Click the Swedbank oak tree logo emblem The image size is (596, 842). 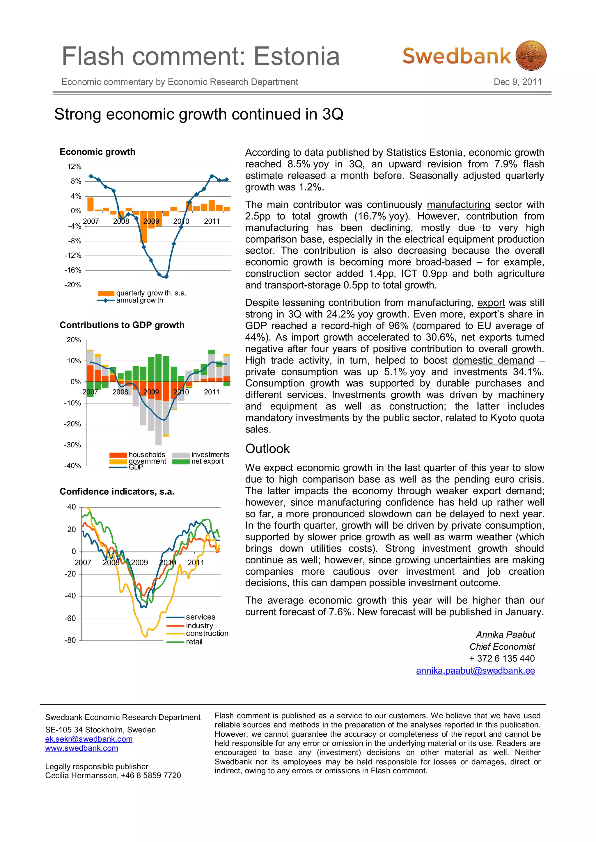pyautogui.click(x=531, y=56)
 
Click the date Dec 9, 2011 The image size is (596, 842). pyautogui.click(x=517, y=82)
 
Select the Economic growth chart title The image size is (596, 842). pyautogui.click(x=97, y=152)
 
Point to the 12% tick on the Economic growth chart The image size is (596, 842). pyautogui.click(x=74, y=167)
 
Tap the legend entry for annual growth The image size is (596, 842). pyautogui.click(x=139, y=300)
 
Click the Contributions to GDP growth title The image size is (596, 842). pyautogui.click(x=122, y=325)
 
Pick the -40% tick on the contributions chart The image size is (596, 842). pyautogui.click(x=73, y=466)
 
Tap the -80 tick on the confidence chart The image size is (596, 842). pyautogui.click(x=70, y=640)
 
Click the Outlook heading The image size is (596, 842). pyautogui.click(x=267, y=448)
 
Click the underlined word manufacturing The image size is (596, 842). pyautogui.click(x=458, y=205)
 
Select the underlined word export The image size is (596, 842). pyautogui.click(x=491, y=302)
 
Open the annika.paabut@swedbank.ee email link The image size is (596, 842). pyautogui.click(x=475, y=670)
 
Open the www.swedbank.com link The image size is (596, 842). pyautogui.click(x=81, y=748)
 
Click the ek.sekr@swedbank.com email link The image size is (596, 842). pyautogui.click(x=89, y=739)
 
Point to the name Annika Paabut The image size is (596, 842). pyautogui.click(x=505, y=635)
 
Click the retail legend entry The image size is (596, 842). pyautogui.click(x=194, y=642)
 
